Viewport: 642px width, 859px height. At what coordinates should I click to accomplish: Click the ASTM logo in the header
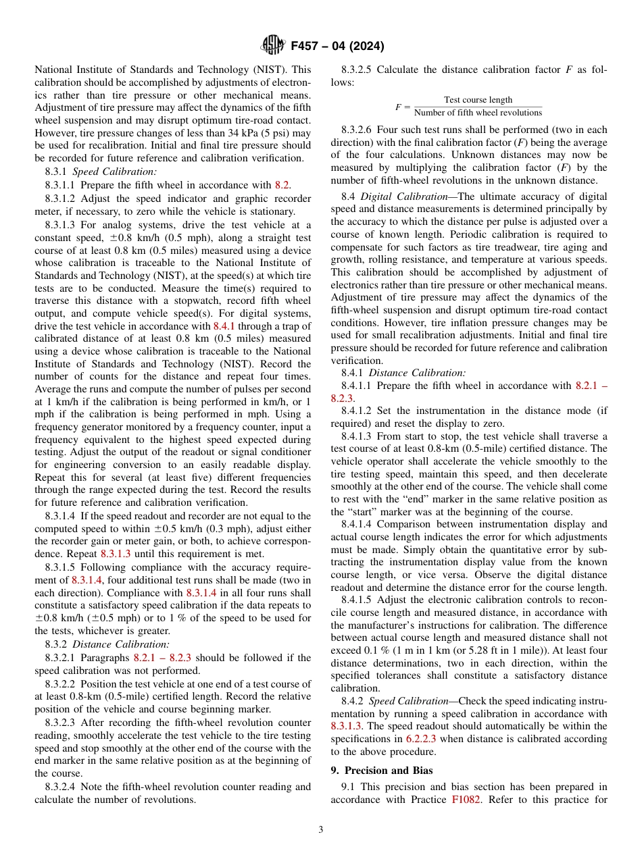point(273,46)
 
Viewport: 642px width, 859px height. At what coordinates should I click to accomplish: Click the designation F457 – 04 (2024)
point(337,47)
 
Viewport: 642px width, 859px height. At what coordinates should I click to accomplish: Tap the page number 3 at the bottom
point(321,830)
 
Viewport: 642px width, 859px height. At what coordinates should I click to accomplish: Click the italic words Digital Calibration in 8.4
point(393,197)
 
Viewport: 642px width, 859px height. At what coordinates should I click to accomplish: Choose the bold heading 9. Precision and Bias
point(382,771)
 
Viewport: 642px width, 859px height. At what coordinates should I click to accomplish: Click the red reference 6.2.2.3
point(423,739)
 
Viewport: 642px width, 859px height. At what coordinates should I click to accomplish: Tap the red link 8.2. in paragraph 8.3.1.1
point(283,185)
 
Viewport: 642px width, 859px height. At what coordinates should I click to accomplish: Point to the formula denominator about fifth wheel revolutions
point(478,113)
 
